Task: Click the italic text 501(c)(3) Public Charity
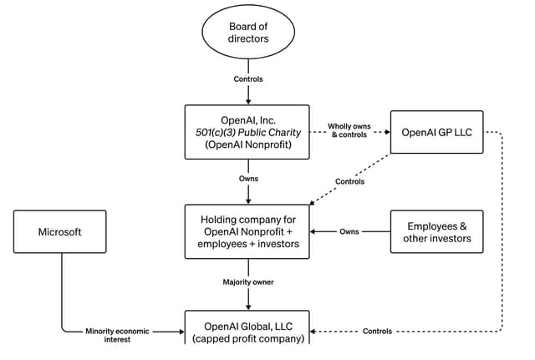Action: [x=248, y=132]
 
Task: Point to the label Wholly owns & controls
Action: [x=349, y=130]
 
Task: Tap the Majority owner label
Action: [x=248, y=282]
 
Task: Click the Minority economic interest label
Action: [x=117, y=335]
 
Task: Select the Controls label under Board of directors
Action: [x=248, y=79]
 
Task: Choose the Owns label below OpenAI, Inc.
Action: [x=248, y=179]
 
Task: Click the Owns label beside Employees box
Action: [x=349, y=232]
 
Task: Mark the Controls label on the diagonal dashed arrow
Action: [x=349, y=181]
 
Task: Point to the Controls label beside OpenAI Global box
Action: [x=377, y=332]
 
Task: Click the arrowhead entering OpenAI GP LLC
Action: [x=388, y=132]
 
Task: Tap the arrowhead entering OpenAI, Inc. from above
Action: [x=248, y=101]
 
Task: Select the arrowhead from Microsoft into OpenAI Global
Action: [x=181, y=332]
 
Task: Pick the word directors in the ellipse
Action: [x=248, y=38]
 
